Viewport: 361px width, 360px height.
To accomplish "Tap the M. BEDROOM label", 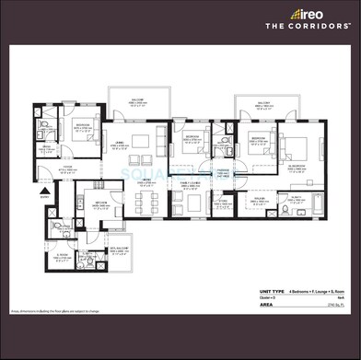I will point(298,168).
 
